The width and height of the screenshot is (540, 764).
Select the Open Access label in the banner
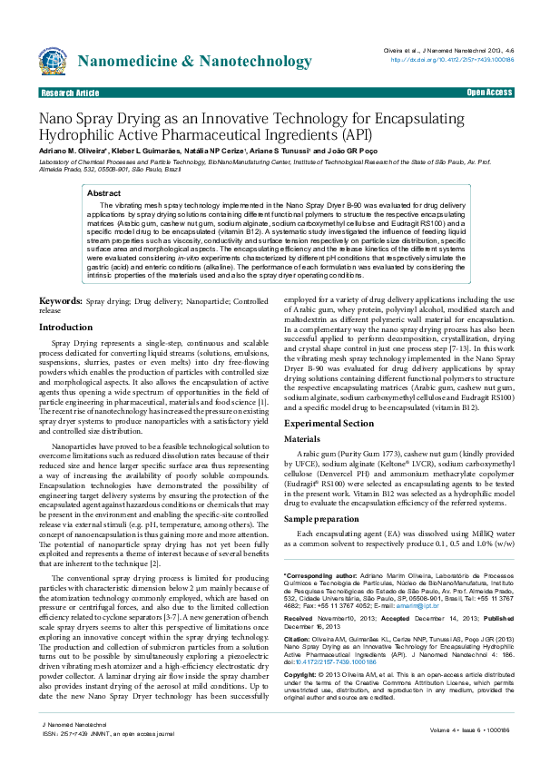[x=489, y=93]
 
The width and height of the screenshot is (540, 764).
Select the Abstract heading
[x=103, y=193]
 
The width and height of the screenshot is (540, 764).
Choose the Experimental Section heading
[x=328, y=423]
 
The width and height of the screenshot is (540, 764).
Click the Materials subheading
[x=302, y=438]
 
